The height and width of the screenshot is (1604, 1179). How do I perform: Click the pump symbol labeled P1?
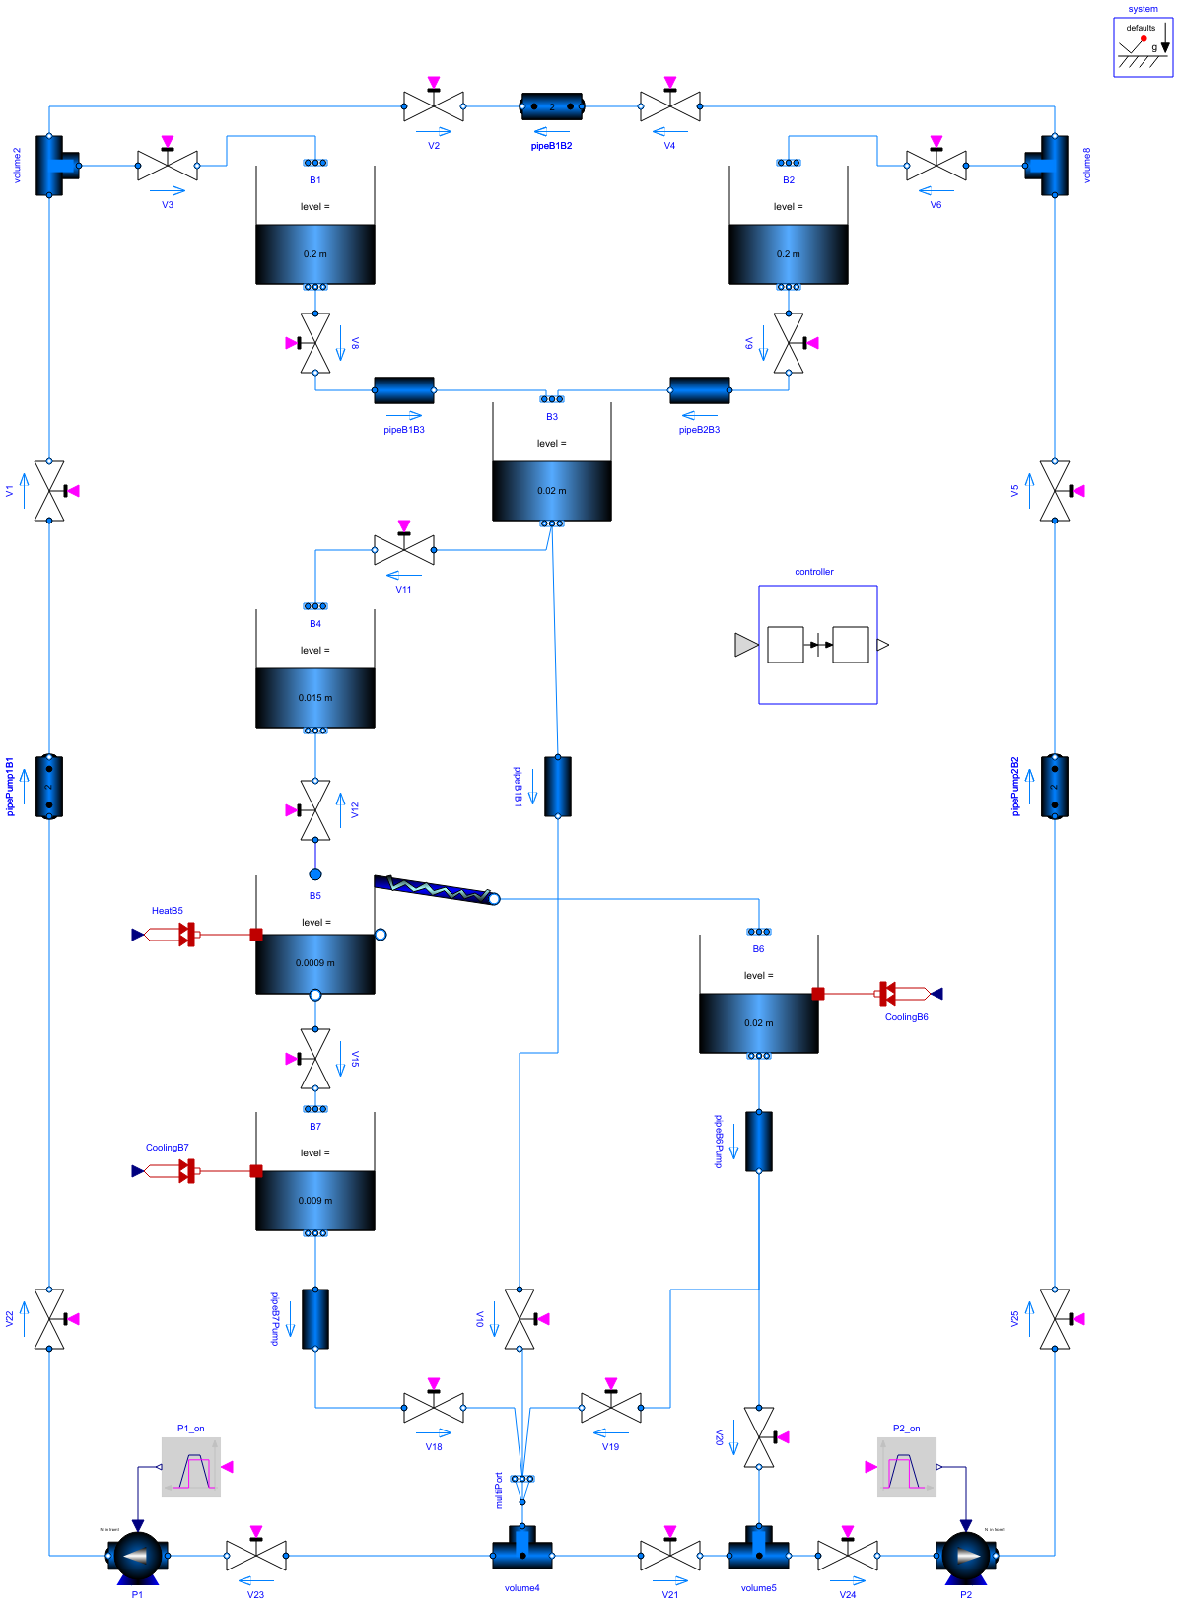(138, 1555)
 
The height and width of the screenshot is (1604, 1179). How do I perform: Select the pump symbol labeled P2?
(966, 1555)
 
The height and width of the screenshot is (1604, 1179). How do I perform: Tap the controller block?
(817, 645)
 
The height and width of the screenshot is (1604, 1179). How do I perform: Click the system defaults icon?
(1143, 46)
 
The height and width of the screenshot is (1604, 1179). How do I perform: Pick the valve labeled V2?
(434, 106)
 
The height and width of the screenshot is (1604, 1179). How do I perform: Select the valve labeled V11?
(404, 550)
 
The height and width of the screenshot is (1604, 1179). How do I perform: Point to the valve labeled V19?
(611, 1408)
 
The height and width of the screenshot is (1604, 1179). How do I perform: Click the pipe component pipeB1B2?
(552, 106)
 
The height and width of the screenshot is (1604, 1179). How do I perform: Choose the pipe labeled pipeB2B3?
(700, 390)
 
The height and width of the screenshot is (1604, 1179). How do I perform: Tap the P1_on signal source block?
(191, 1467)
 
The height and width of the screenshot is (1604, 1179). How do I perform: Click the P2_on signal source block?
(907, 1467)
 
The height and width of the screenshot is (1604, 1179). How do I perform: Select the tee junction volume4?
(522, 1550)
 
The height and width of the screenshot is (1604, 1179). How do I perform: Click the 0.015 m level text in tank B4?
(315, 698)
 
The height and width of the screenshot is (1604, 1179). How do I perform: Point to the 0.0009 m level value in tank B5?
(315, 963)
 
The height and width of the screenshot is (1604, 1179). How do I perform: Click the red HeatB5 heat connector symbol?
(185, 935)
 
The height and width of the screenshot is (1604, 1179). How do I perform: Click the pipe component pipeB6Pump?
(759, 1142)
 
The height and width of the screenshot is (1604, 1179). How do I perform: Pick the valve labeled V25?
(1055, 1319)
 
